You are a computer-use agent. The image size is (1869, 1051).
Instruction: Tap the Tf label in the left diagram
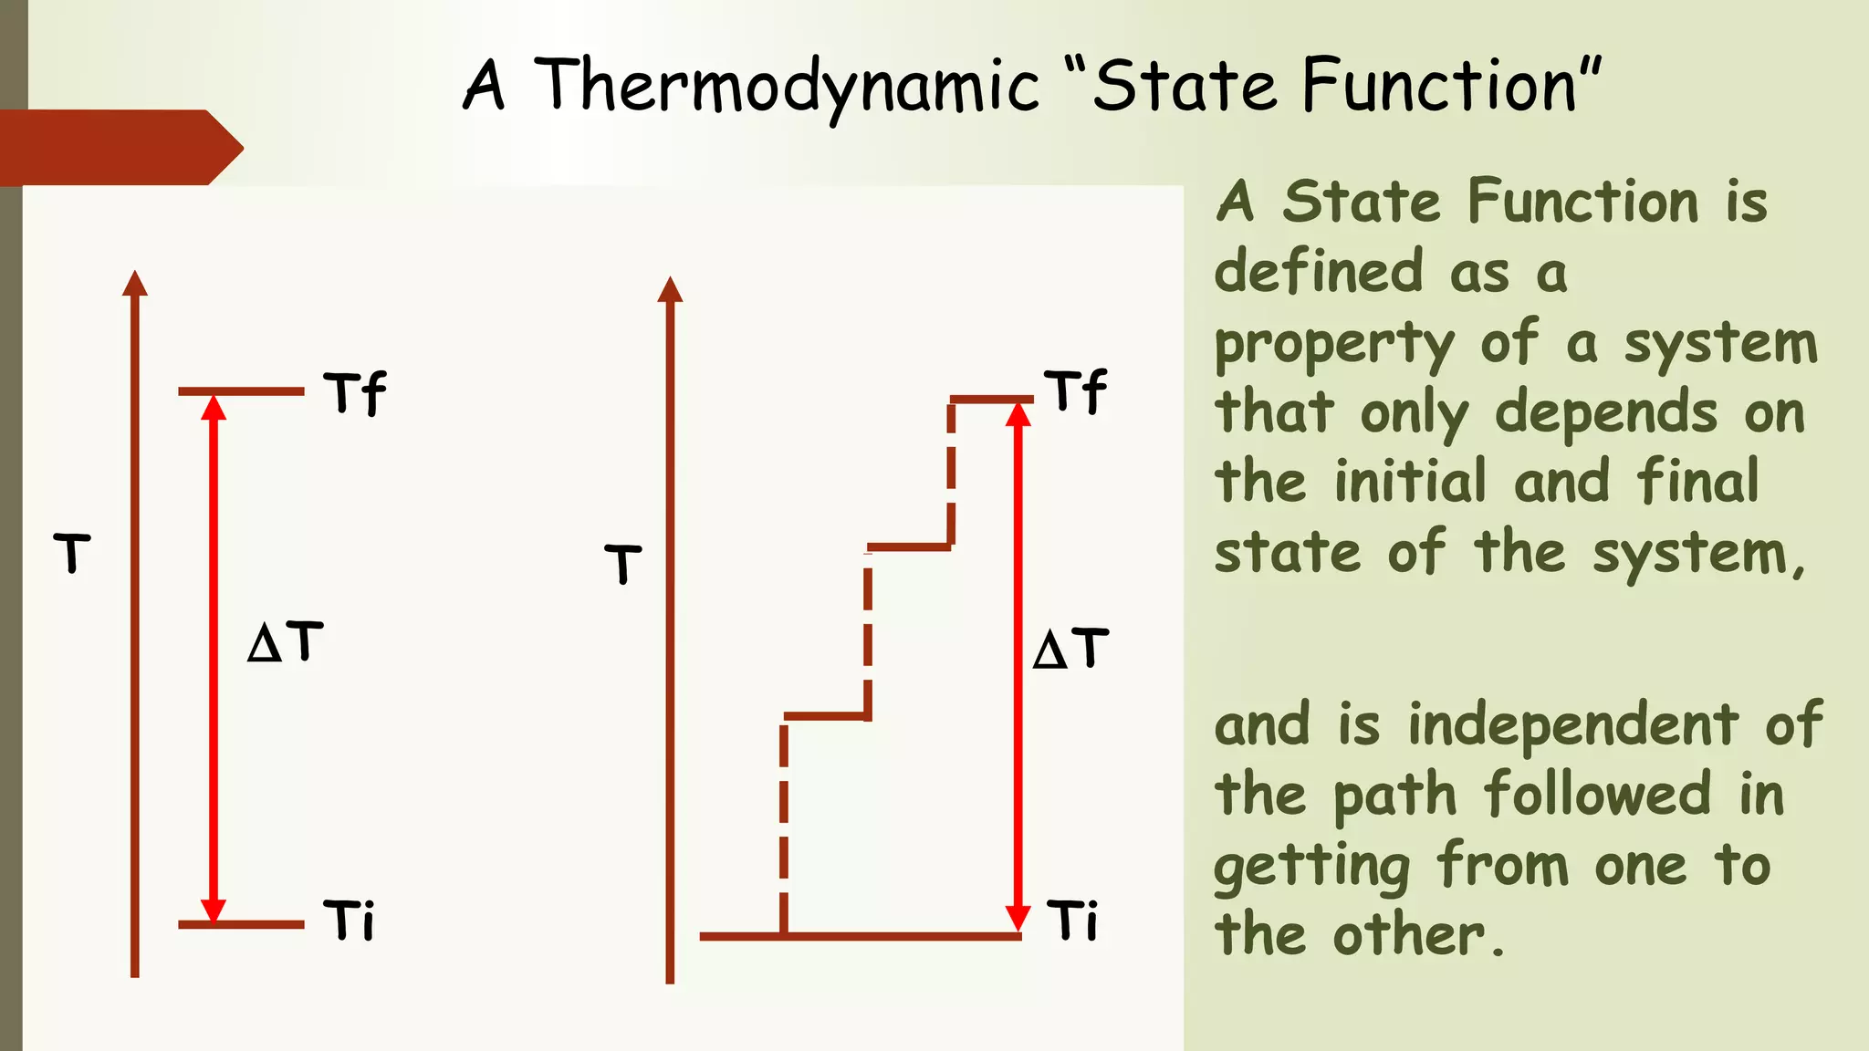tap(355, 393)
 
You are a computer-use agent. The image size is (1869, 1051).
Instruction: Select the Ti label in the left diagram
tap(350, 920)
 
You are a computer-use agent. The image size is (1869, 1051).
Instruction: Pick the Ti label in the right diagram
tap(1072, 920)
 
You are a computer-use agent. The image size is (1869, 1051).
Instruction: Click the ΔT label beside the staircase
tap(1070, 649)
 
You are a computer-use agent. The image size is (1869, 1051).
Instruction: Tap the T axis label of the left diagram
tap(72, 553)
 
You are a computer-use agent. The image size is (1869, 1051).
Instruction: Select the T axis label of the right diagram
tap(623, 563)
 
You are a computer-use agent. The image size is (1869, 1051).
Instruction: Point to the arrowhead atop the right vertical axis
tap(670, 289)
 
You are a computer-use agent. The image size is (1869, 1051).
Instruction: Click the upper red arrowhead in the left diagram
tap(214, 409)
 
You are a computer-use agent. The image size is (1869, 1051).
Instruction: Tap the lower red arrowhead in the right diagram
tap(1018, 917)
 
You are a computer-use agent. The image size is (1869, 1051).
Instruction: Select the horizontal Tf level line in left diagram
tap(241, 391)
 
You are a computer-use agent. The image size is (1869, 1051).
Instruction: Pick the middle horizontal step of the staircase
tap(909, 547)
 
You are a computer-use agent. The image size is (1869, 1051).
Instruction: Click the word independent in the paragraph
tap(1572, 725)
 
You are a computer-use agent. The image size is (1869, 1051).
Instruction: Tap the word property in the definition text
tap(1334, 345)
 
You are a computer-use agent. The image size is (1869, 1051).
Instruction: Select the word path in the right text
tap(1394, 796)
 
